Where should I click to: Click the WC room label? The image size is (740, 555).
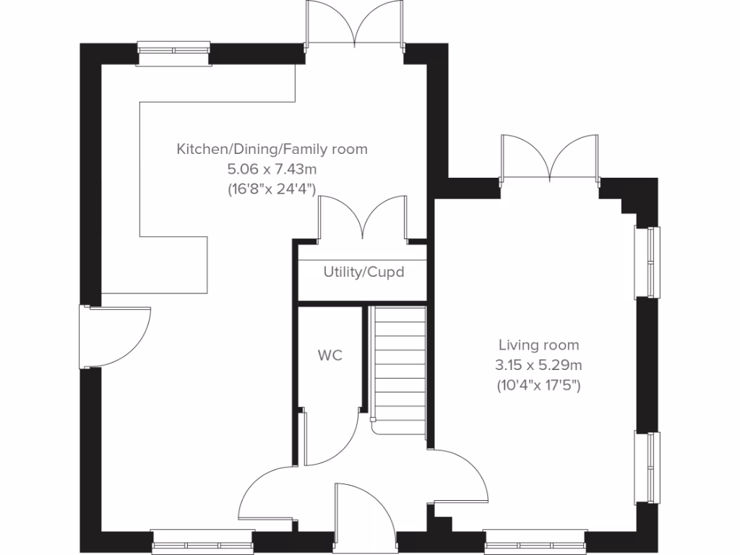point(330,356)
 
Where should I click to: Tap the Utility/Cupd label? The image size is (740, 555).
point(363,272)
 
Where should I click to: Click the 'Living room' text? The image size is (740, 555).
point(538,345)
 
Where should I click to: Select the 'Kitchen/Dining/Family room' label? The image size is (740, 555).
point(272,150)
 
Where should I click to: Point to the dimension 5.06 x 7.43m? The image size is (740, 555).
point(272,169)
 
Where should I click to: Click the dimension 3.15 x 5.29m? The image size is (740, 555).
point(538,366)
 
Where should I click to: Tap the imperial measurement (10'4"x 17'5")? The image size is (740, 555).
point(538,385)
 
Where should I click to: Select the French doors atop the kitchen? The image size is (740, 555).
point(354,25)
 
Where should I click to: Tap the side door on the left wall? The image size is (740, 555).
point(116,336)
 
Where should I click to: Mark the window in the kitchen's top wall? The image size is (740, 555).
point(174,52)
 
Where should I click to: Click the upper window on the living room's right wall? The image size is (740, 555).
point(647,262)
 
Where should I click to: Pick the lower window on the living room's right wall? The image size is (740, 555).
point(647,468)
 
